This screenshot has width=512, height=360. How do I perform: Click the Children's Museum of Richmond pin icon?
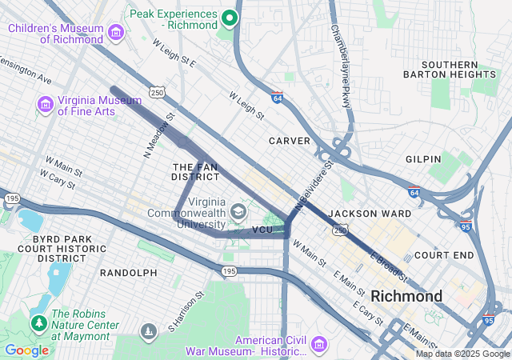coord(117,33)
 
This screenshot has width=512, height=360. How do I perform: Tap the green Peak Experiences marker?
coord(230,18)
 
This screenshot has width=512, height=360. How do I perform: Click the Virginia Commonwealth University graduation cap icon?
coord(238,211)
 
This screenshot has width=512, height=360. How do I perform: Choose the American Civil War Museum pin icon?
coord(319,344)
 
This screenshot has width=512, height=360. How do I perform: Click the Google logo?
coord(26,350)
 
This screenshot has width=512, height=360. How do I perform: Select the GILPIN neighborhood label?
coord(423,159)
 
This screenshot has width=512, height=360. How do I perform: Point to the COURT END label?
coord(444,256)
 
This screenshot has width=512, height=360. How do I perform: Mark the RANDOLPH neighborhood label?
coord(128,273)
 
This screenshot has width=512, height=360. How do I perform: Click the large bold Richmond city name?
coord(406,296)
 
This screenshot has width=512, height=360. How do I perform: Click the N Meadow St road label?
coord(158,137)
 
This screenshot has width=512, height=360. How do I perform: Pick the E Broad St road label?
coord(389,267)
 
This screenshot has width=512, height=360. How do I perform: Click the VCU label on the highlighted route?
coord(262,230)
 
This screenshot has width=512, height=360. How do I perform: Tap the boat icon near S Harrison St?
coord(148,331)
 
